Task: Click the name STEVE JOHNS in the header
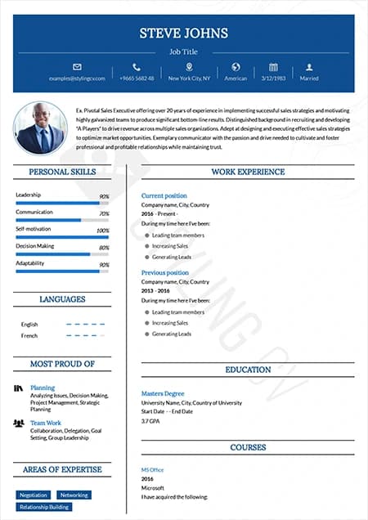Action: [183, 34]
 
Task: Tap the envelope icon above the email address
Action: [77, 67]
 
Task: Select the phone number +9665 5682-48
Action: [137, 78]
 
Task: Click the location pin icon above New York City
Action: [190, 67]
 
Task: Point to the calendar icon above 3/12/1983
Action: [273, 67]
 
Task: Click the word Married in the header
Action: [309, 78]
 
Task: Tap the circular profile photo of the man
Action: [40, 128]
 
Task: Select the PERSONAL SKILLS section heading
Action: [62, 173]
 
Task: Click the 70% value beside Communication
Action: [104, 213]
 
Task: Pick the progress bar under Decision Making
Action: [62, 253]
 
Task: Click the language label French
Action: [29, 336]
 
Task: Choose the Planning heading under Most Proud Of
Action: [43, 388]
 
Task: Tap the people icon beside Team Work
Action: [19, 423]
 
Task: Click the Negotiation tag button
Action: [34, 495]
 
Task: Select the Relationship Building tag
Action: [44, 507]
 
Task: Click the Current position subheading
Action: [164, 196]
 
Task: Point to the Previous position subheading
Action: [164, 272]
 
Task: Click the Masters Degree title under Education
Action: [163, 393]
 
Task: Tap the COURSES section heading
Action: [248, 448]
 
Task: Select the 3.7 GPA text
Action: [150, 420]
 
